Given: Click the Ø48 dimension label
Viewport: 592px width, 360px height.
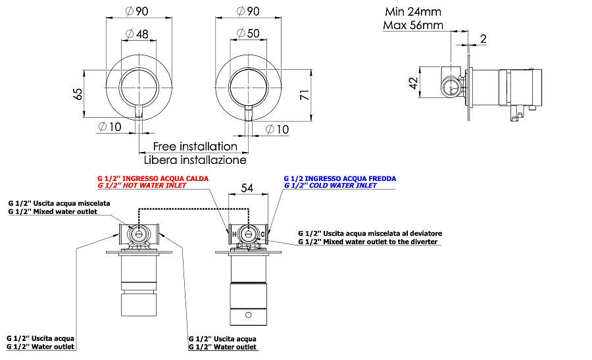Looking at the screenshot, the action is click(137, 34).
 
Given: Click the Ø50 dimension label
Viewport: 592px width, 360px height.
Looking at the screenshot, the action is click(248, 34).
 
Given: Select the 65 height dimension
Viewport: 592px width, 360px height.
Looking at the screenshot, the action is click(78, 93).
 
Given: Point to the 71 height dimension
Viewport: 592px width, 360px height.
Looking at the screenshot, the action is click(305, 95).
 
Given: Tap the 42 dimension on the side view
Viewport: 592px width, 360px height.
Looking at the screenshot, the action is click(414, 83).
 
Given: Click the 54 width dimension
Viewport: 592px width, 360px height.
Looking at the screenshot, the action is click(247, 188).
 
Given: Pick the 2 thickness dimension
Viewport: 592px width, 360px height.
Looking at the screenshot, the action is click(483, 39).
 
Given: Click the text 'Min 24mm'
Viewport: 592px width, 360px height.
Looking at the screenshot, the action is click(413, 12).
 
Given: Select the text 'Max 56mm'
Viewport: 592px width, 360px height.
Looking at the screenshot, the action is click(413, 25).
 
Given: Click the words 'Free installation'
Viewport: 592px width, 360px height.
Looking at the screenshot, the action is click(195, 146).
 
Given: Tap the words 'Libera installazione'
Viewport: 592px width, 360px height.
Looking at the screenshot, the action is click(195, 160).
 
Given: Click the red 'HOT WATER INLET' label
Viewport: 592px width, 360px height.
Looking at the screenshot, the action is click(142, 186).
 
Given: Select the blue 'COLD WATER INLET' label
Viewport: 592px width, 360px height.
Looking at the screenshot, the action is click(330, 186).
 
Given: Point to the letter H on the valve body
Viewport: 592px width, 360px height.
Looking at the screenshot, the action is click(234, 234).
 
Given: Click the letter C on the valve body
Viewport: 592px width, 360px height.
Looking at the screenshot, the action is click(262, 234).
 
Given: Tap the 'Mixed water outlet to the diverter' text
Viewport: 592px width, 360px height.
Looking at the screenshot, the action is click(368, 242).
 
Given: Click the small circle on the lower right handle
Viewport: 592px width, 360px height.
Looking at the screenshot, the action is click(249, 315).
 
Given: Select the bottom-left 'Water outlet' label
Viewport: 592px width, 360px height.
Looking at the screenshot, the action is click(40, 347).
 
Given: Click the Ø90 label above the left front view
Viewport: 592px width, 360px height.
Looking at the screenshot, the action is click(137, 11).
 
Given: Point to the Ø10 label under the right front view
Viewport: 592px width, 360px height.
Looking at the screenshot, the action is click(277, 130).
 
